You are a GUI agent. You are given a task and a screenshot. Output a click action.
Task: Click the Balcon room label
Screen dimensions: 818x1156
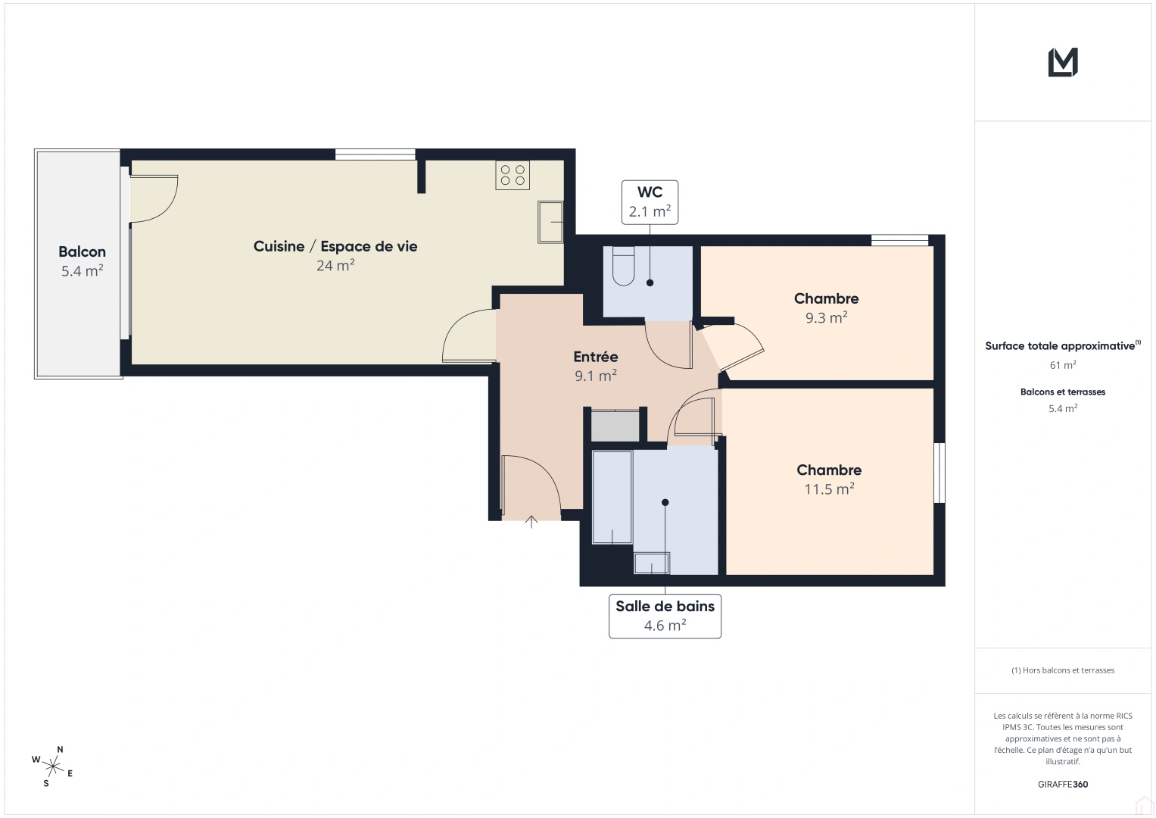(x=82, y=252)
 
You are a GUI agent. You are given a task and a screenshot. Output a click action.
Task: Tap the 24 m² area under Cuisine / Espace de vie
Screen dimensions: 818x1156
(x=335, y=266)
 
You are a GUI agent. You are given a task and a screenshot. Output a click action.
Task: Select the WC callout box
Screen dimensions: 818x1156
(x=650, y=202)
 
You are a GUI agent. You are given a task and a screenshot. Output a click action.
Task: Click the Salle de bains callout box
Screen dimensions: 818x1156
(x=665, y=616)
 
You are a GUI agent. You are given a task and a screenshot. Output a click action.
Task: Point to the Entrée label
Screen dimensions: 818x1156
(x=595, y=357)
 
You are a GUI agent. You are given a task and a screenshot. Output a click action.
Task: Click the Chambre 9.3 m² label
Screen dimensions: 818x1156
(x=826, y=299)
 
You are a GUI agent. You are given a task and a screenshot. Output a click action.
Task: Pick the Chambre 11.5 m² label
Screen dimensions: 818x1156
(x=829, y=470)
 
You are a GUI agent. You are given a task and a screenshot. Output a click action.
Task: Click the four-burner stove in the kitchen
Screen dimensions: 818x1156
(x=513, y=175)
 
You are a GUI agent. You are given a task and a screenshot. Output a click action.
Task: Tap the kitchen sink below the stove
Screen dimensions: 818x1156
(x=550, y=222)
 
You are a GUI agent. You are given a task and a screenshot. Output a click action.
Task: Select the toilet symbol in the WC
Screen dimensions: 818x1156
(x=623, y=267)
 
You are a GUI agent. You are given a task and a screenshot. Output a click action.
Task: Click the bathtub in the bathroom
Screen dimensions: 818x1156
(x=612, y=498)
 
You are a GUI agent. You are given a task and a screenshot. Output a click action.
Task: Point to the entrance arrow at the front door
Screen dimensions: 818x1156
(x=531, y=521)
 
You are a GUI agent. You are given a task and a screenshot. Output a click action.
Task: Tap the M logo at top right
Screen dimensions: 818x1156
(x=1063, y=62)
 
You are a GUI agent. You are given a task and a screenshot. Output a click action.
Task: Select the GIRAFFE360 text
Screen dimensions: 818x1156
(x=1063, y=785)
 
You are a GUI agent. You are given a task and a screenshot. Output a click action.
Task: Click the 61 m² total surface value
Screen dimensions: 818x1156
(x=1063, y=365)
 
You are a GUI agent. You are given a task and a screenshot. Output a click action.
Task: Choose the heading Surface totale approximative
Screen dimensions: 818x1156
(x=1061, y=346)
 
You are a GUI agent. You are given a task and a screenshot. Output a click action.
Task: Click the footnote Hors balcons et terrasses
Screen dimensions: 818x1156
(x=1063, y=670)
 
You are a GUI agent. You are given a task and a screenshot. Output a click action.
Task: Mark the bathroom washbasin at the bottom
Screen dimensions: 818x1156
(x=652, y=564)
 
